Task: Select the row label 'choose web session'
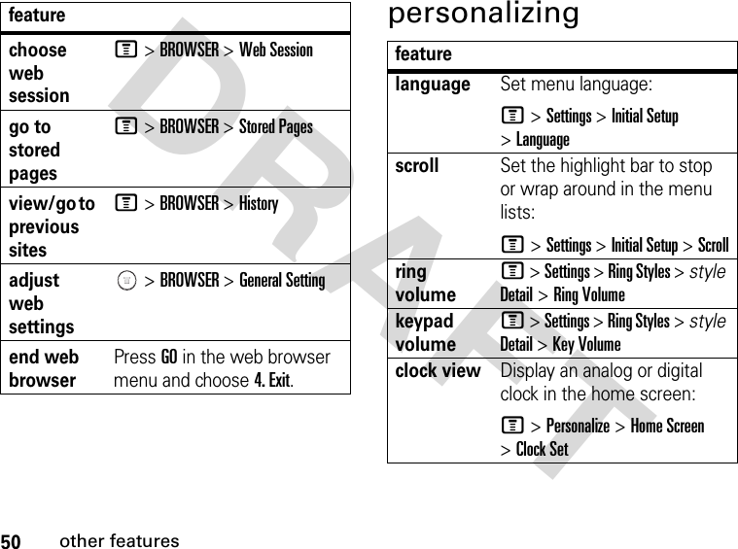point(39,72)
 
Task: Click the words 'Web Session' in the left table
point(276,50)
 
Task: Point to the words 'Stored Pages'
point(276,126)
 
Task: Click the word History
point(259,203)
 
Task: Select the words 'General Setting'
point(282,280)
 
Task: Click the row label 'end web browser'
point(44,368)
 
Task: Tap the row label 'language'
point(433,85)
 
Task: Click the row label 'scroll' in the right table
point(417,165)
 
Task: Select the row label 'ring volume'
point(425,283)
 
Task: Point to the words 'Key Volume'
point(586,344)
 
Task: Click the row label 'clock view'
point(438,370)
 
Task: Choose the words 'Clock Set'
point(542,449)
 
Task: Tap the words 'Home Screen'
point(667,426)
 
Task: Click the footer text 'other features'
point(120,541)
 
